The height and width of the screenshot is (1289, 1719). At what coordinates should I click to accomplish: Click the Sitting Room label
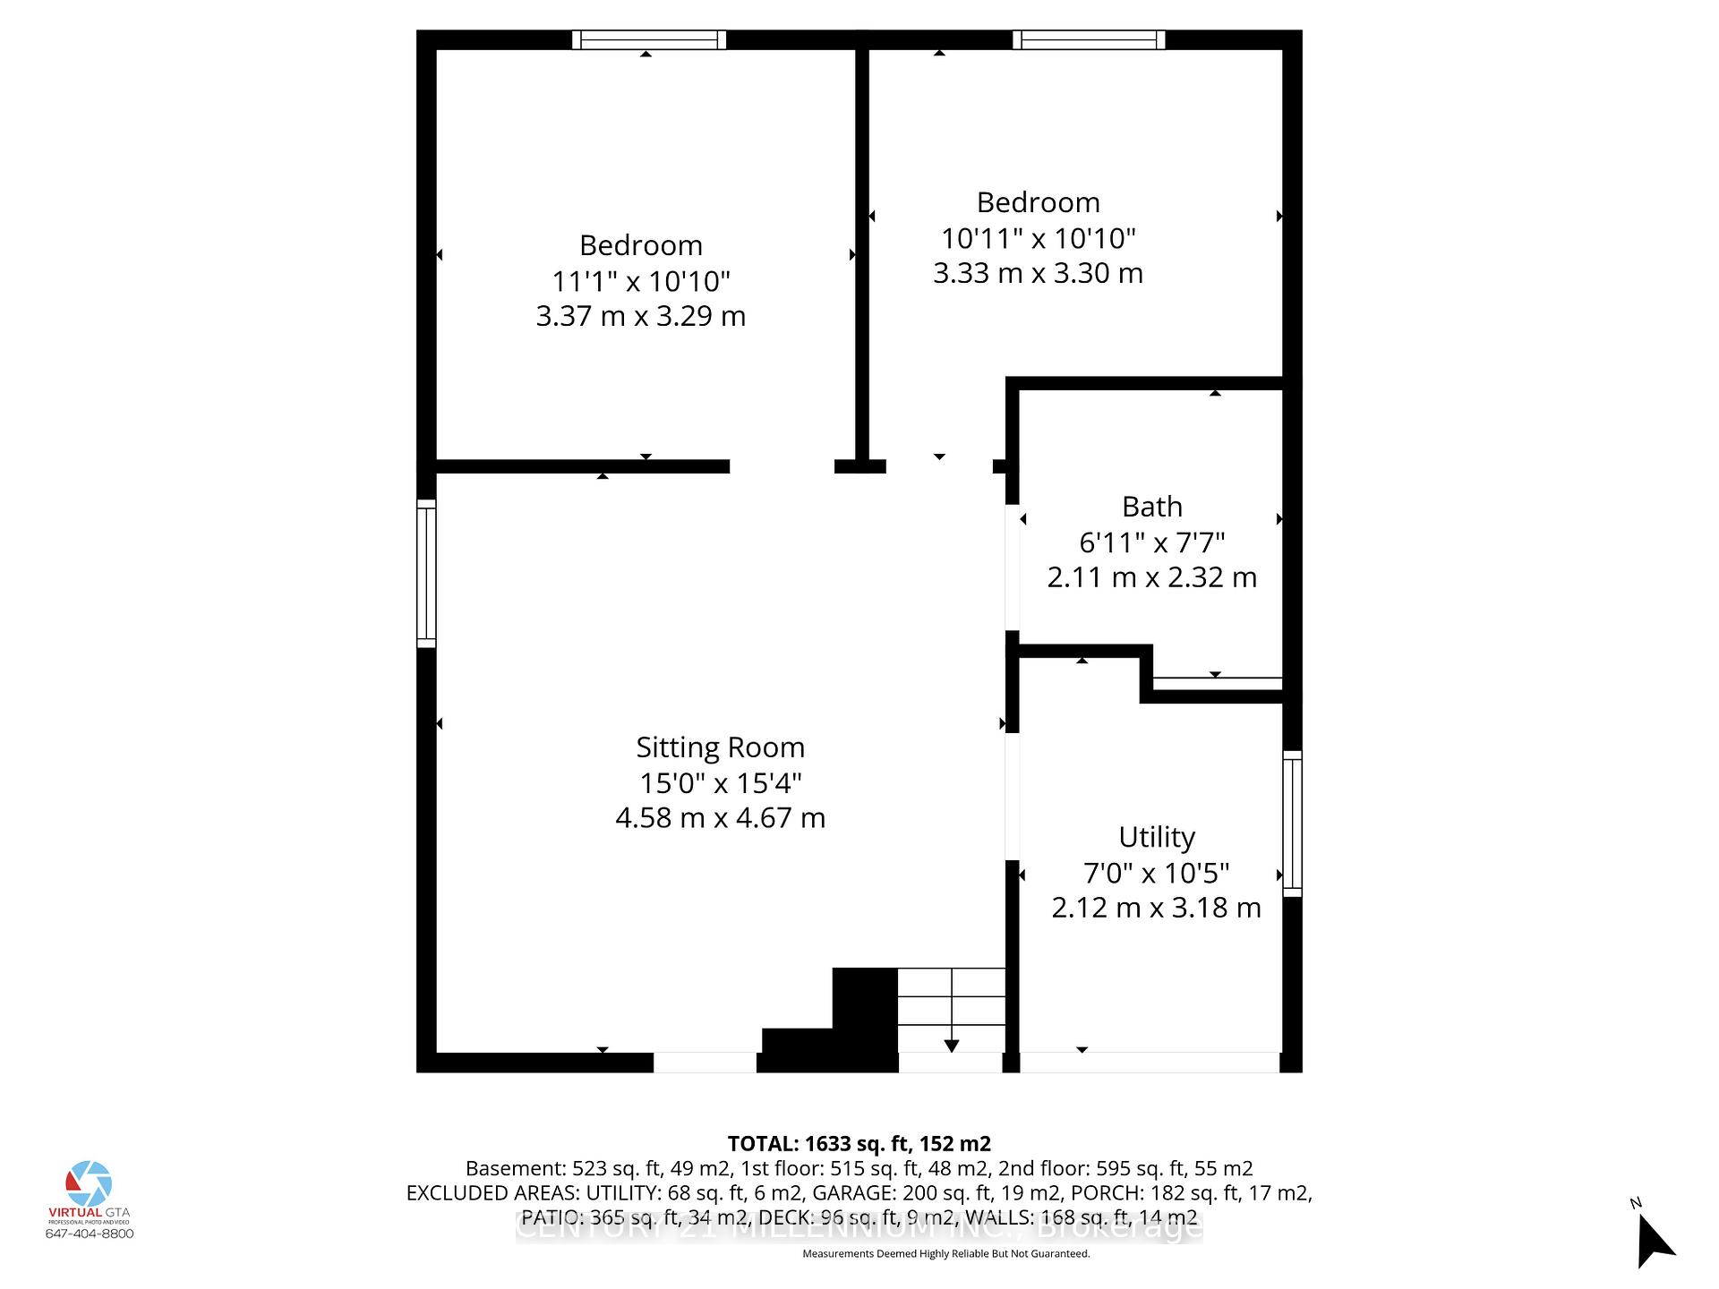[x=720, y=747]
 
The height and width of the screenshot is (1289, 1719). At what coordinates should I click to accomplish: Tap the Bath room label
[x=1151, y=507]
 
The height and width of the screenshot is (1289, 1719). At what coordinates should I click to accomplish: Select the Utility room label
[x=1156, y=837]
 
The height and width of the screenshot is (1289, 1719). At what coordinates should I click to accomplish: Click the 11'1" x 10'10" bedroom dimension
[x=641, y=281]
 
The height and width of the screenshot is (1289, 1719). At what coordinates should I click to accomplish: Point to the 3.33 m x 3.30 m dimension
[x=1038, y=273]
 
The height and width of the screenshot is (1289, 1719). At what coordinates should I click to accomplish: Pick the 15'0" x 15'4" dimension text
[x=720, y=783]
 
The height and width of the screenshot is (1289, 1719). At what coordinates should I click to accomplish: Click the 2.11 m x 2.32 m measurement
[x=1151, y=577]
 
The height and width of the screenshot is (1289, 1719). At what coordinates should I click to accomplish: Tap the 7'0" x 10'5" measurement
[x=1156, y=873]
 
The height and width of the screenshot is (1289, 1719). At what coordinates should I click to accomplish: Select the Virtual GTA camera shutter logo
[x=89, y=1183]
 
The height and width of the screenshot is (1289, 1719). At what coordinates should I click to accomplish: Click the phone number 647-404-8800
[x=89, y=1234]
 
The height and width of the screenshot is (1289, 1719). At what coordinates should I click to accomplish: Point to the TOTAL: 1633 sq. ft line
[x=859, y=1144]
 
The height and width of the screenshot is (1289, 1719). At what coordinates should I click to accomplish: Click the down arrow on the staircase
[x=951, y=1045]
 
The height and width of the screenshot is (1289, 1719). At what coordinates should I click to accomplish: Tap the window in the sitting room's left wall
[x=426, y=573]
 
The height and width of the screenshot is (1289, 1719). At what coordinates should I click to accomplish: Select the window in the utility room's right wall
[x=1292, y=824]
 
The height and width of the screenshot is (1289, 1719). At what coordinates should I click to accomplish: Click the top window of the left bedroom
[x=649, y=39]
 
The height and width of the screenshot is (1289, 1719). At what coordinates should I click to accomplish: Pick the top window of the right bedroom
[x=1089, y=39]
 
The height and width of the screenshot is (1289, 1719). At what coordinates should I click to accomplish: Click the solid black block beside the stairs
[x=864, y=1012]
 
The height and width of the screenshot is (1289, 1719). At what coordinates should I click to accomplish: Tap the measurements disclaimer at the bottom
[x=945, y=1254]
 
